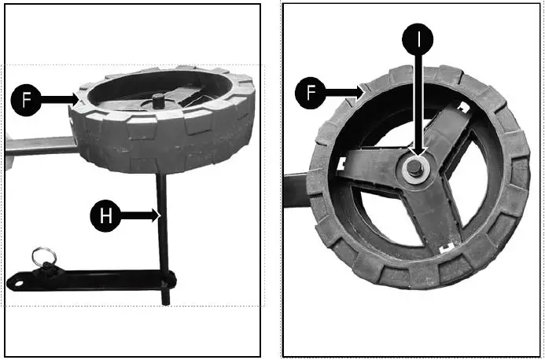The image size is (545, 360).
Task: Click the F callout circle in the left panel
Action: (x=25, y=100)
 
